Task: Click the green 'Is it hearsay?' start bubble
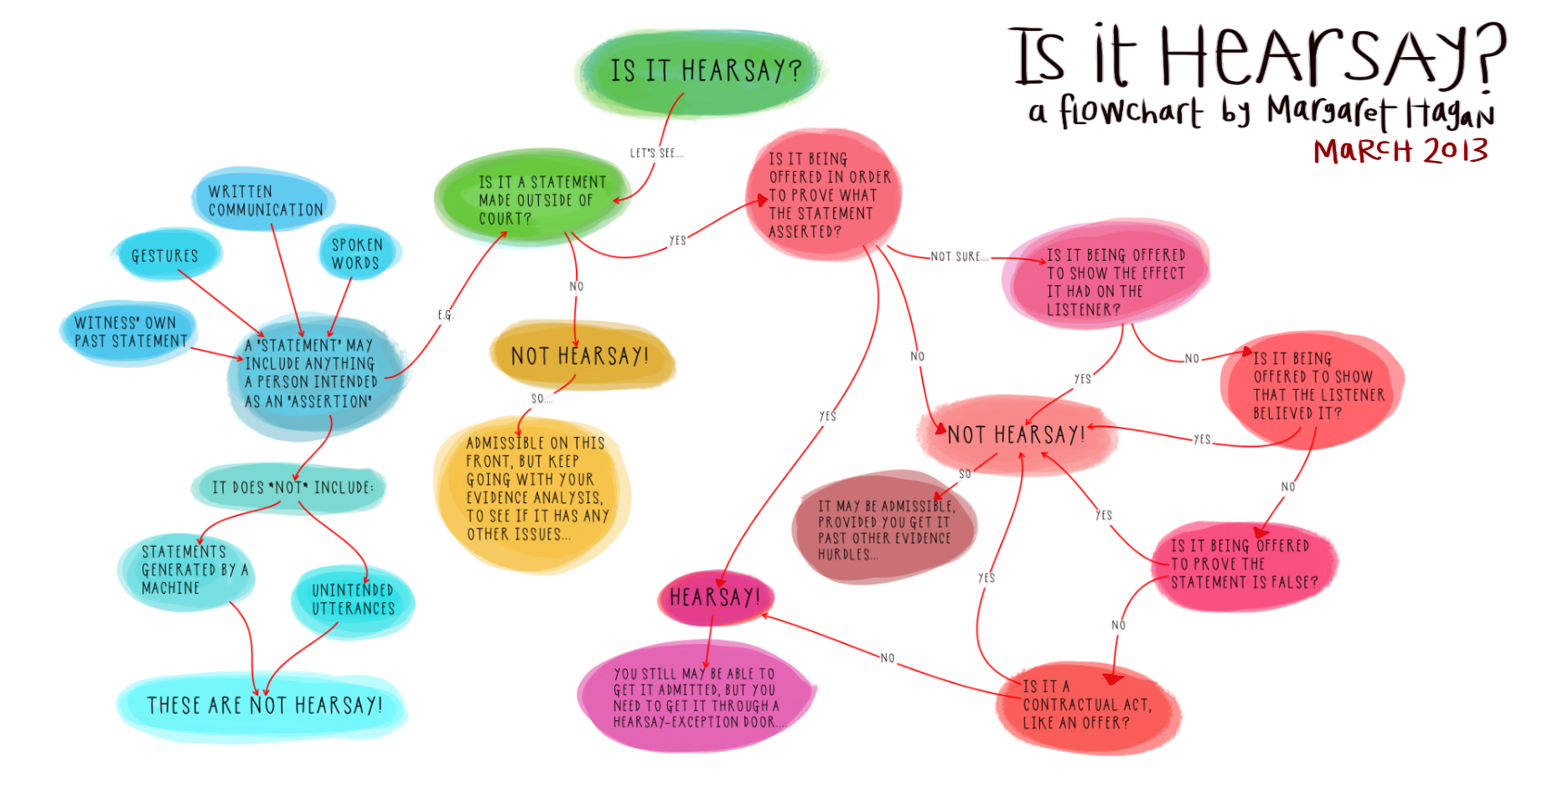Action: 704,71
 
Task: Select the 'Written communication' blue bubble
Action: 264,200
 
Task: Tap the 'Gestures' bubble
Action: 165,256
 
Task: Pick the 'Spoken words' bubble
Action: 357,253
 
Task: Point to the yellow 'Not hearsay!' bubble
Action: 580,356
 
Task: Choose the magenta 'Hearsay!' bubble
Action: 714,597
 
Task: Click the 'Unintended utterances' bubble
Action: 353,600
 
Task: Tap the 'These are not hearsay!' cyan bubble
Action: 264,705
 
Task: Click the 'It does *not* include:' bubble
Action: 292,487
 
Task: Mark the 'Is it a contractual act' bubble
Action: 1086,705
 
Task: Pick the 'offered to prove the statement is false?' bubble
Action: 1244,564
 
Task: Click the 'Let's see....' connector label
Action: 656,153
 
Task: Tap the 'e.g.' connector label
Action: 445,315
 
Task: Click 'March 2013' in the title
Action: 1400,152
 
